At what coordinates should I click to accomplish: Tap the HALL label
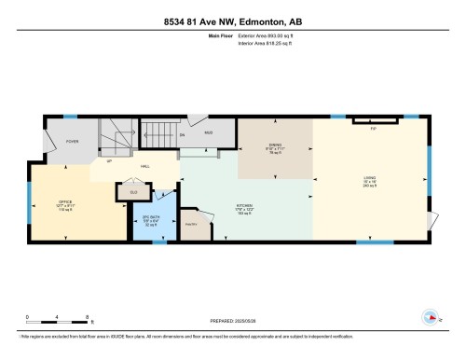tap(146, 166)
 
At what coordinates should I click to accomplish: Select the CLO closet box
tap(133, 194)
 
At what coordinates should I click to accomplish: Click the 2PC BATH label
tap(148, 222)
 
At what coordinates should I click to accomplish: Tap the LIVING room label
tap(370, 180)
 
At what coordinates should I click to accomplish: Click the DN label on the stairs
tap(183, 135)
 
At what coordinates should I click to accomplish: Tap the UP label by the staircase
tap(111, 160)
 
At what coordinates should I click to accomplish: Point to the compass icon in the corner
tap(430, 314)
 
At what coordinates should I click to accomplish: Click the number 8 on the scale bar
tap(88, 317)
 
